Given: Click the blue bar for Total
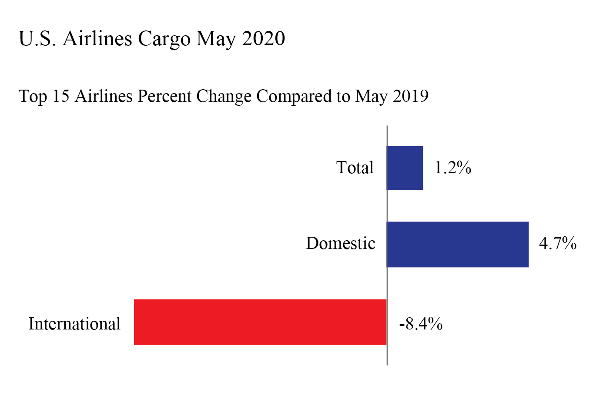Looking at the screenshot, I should coord(405,168).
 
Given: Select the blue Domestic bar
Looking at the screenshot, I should coord(458,244).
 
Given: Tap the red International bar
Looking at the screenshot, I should coord(260,322).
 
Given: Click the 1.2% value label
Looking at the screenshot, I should coord(453,168).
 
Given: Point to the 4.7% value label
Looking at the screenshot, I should coord(557,243).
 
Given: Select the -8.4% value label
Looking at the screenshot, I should coord(421,324).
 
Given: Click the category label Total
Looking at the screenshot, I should coord(355,168).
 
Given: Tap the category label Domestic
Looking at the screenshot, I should coord(340,243).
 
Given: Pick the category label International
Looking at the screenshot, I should coord(74,324).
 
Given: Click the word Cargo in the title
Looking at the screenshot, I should coord(164,39).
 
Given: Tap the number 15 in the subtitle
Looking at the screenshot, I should coord(61,96).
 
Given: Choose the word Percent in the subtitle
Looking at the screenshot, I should coord(164,96).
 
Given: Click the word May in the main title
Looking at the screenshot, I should coord(215,39).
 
